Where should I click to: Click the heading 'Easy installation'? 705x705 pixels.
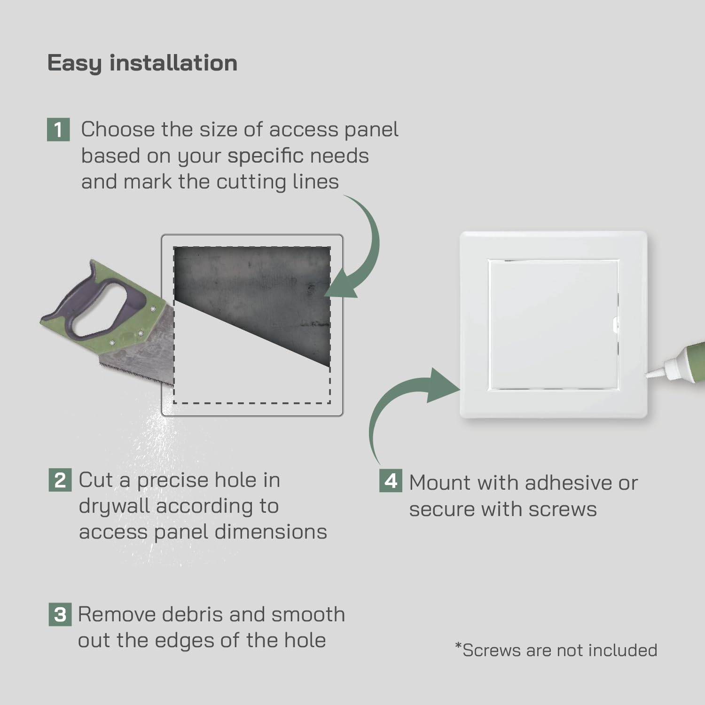(x=142, y=63)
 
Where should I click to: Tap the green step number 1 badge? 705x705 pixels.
(x=58, y=130)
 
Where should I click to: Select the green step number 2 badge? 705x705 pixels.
(x=60, y=480)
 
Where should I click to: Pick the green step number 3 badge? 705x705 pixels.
(x=60, y=615)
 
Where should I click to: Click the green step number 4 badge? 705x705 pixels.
(x=391, y=481)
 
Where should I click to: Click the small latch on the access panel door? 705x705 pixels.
(x=616, y=325)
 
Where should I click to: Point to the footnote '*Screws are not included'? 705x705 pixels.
(x=556, y=650)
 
